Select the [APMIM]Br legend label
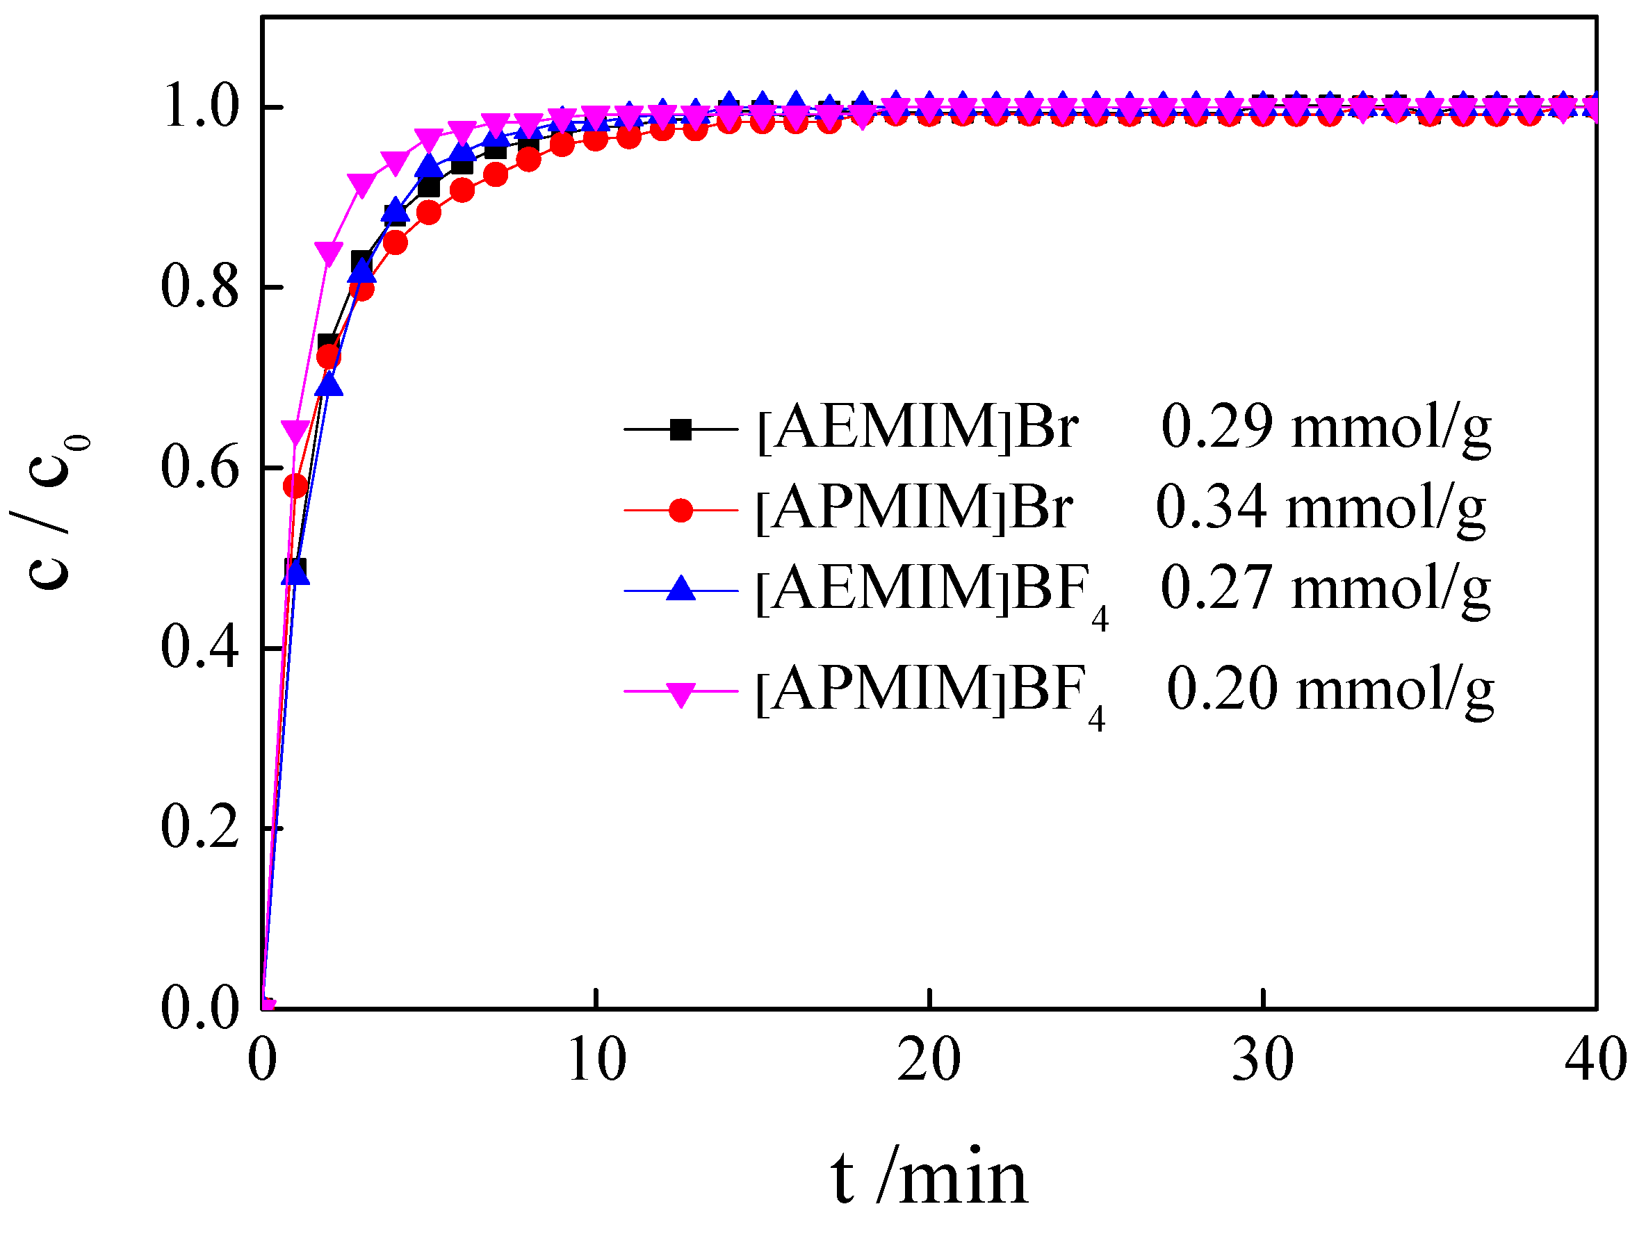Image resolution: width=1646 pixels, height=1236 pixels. (x=914, y=509)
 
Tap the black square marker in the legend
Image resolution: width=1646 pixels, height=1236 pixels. (x=680, y=430)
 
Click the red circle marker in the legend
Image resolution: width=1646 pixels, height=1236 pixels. (x=680, y=510)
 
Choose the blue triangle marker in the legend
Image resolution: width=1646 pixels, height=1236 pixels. (x=680, y=590)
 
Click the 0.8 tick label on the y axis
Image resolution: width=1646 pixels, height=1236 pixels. (x=199, y=287)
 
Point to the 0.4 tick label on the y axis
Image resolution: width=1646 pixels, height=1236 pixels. (x=199, y=648)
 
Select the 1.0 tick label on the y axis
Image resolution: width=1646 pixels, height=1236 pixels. (x=199, y=106)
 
